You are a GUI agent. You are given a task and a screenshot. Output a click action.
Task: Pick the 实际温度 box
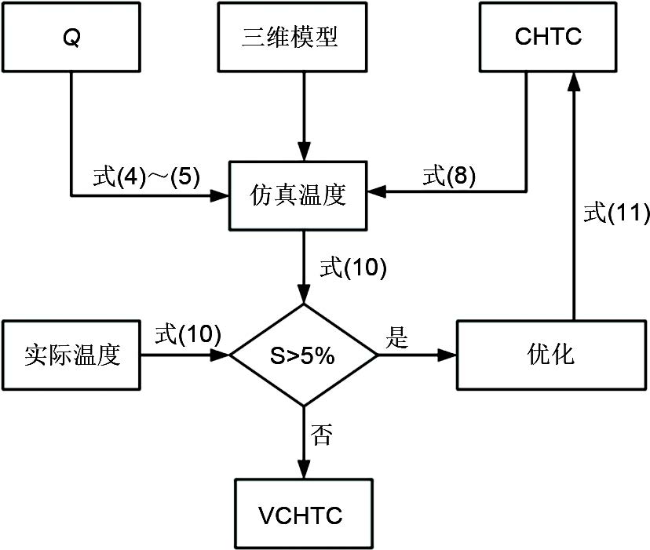tap(72, 354)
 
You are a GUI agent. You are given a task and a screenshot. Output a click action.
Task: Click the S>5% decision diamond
tap(303, 355)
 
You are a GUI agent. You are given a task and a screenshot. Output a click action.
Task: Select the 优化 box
tap(552, 354)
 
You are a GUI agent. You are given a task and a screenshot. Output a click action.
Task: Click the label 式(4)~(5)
tap(147, 176)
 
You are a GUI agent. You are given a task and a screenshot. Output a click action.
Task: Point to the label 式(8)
tap(449, 176)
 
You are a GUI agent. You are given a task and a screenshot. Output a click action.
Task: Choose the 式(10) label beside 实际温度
tap(188, 334)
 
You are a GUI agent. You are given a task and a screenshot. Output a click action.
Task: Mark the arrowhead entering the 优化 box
tap(447, 355)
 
